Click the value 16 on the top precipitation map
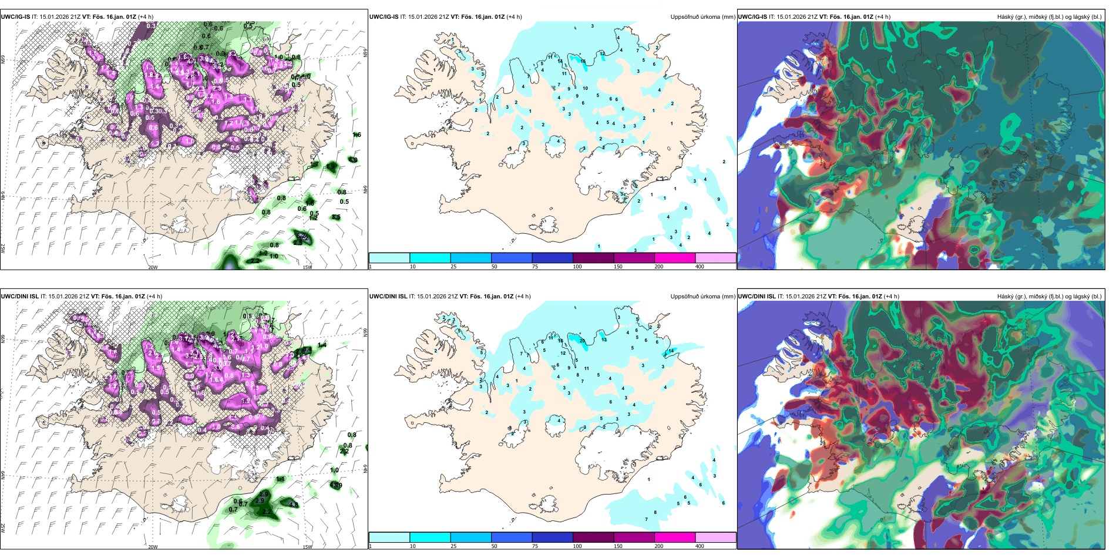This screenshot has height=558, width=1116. tap(583, 61)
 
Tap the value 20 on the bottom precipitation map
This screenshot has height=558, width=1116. tap(582, 341)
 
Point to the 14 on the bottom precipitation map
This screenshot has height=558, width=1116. tap(671, 351)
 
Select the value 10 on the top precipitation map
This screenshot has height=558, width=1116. tap(585, 89)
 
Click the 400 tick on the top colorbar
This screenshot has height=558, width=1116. tap(700, 267)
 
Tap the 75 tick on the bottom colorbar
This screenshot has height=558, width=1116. tap(535, 546)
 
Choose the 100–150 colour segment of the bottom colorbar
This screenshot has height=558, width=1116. tap(593, 537)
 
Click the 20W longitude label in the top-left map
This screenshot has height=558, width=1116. tap(153, 267)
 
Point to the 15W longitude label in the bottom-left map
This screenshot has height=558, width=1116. tap(307, 547)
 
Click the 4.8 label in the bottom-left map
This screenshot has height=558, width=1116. tap(294, 505)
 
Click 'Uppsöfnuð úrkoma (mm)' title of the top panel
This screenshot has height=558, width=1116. tap(702, 17)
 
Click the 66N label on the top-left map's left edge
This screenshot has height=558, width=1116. tap(3, 60)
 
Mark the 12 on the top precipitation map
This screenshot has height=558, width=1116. tap(602, 53)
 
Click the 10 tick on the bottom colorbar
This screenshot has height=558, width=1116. tap(412, 546)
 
